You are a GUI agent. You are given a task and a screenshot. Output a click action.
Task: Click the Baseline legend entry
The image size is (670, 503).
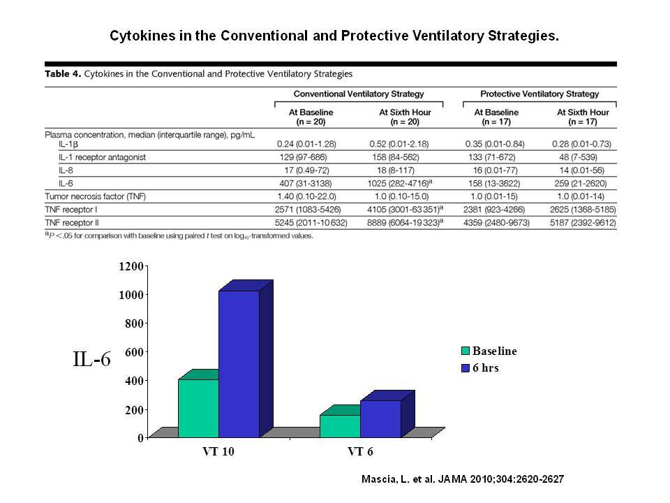(x=489, y=351)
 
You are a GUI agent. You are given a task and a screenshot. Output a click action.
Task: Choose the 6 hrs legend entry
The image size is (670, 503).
(x=480, y=368)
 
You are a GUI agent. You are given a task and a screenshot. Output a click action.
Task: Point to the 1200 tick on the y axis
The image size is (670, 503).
(x=131, y=266)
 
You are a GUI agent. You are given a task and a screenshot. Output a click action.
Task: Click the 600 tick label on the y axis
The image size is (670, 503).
(x=134, y=352)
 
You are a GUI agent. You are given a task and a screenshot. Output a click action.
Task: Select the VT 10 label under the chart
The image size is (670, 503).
(x=218, y=452)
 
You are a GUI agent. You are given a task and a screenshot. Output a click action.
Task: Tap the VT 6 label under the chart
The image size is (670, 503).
(x=360, y=452)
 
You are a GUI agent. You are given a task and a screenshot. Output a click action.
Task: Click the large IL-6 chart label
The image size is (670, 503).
(x=92, y=359)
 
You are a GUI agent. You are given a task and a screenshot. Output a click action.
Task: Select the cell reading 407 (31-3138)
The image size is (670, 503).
(x=305, y=184)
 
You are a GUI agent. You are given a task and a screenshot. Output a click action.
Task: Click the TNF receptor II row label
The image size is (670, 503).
(x=72, y=223)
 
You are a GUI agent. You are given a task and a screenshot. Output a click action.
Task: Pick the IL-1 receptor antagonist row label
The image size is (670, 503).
(x=102, y=157)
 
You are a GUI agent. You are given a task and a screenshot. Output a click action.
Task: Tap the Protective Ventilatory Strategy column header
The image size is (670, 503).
(x=539, y=94)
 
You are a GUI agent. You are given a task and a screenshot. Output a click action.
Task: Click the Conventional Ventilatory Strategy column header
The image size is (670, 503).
(x=359, y=94)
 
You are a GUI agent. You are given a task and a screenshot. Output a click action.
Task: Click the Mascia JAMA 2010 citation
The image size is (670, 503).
(x=463, y=479)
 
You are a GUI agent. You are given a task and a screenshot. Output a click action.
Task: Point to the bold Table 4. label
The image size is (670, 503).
(x=63, y=73)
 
